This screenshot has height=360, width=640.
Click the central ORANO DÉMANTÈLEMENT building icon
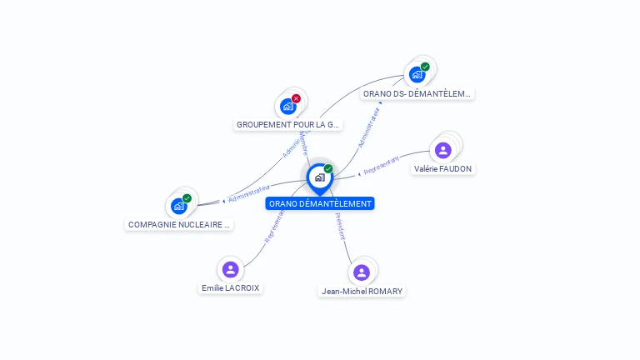[319, 177]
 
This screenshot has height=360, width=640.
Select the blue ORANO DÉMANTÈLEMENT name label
[320, 203]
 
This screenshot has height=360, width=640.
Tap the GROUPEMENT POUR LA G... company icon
[288, 106]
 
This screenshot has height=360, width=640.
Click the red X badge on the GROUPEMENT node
[297, 98]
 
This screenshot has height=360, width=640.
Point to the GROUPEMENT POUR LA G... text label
[288, 125]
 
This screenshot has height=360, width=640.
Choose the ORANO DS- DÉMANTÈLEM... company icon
[417, 74]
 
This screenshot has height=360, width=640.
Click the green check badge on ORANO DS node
[425, 67]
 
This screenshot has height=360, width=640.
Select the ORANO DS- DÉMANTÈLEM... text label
[417, 94]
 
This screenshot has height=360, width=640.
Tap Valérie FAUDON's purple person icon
[443, 150]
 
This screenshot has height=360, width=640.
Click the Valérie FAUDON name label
[443, 169]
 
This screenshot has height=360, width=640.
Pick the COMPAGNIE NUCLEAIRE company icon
[179, 205]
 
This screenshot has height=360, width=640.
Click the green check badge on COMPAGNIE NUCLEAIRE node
[187, 198]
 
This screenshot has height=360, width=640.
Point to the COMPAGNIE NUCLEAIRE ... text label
[179, 225]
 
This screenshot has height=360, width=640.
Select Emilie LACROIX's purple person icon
[231, 269]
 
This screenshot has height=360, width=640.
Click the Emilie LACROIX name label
[231, 288]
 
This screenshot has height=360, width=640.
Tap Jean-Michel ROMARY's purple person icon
[361, 272]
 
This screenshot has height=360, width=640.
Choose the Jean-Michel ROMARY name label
[362, 292]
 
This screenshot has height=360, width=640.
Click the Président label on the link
[340, 227]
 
